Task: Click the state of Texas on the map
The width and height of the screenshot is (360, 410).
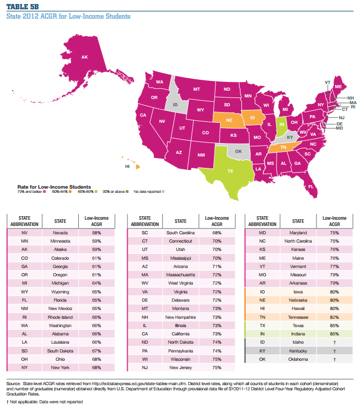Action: [231, 171]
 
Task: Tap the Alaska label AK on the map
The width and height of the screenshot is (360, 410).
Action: [84, 57]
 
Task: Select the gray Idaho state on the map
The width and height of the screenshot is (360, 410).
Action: [175, 104]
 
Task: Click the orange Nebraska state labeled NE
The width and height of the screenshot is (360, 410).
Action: [228, 120]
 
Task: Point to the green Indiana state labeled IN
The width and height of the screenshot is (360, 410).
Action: [282, 124]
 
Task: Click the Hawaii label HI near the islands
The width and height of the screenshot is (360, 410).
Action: [127, 167]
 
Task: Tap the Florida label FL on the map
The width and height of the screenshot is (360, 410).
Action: [311, 186]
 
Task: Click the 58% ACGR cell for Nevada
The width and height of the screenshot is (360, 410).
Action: [96, 233]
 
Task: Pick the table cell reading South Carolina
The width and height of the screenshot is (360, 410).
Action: [180, 233]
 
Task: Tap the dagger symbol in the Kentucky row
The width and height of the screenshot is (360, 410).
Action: [334, 351]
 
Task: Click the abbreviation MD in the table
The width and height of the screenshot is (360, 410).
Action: [262, 233]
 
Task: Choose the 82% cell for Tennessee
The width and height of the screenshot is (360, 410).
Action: [334, 318]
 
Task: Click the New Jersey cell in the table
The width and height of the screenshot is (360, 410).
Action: [180, 367]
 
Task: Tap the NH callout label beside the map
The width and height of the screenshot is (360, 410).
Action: [350, 97]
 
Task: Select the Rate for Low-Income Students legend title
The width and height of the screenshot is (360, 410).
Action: [54, 186]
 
